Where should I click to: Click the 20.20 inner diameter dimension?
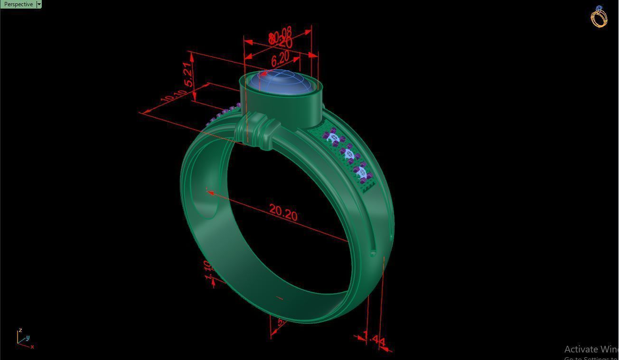point(283,212)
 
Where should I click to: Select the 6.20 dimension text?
point(280,59)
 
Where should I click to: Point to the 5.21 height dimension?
point(189,75)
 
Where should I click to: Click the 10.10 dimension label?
point(173,96)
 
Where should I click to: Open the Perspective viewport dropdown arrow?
point(39,4)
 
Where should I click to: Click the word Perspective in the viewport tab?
point(18,4)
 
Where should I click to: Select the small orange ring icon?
point(599,17)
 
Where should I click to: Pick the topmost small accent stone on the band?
point(334,138)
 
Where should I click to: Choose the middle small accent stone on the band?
point(349,154)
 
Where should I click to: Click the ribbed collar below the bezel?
point(259,130)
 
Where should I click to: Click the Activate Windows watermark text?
point(591,350)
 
